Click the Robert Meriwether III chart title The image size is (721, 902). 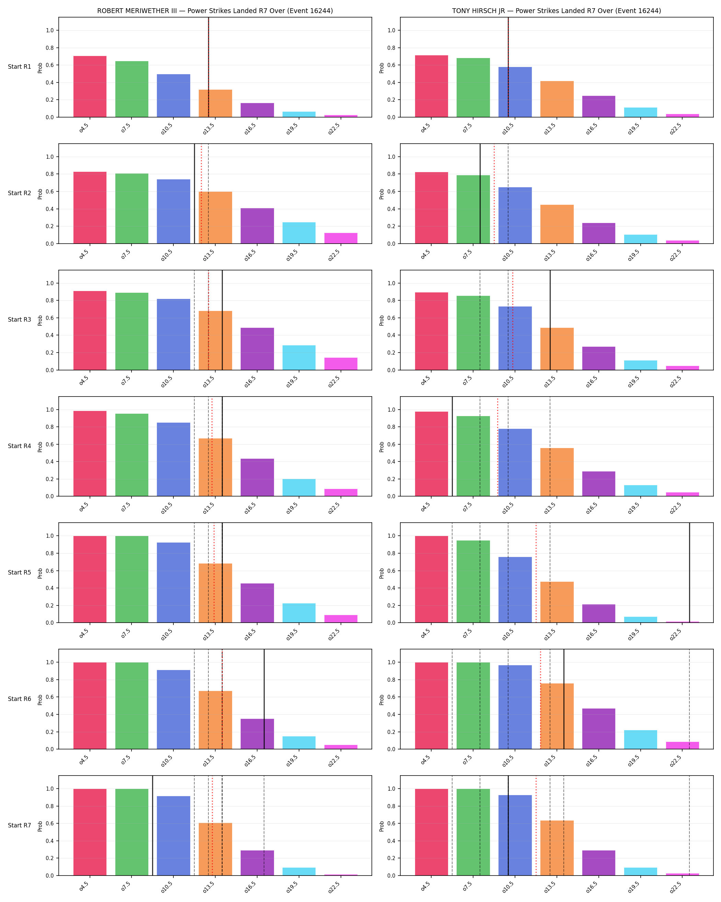(x=215, y=11)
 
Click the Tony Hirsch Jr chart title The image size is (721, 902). (x=556, y=11)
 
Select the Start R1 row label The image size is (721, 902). (x=19, y=67)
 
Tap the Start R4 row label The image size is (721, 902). (x=19, y=446)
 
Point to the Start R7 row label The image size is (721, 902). (x=19, y=825)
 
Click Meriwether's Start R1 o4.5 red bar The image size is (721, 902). (x=90, y=87)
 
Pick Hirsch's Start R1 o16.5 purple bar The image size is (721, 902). (x=598, y=107)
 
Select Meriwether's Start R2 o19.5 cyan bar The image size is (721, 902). (x=299, y=233)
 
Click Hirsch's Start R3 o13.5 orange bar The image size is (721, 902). (x=557, y=349)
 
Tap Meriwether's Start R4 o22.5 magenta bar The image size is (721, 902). (x=341, y=492)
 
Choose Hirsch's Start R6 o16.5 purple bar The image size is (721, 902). (x=598, y=728)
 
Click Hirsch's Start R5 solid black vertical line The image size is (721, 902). (x=689, y=572)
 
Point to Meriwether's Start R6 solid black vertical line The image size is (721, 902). (x=264, y=699)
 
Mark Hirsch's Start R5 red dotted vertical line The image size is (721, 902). (x=536, y=572)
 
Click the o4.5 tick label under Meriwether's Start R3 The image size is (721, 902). (x=83, y=380)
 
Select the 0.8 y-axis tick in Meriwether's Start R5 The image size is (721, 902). (x=50, y=553)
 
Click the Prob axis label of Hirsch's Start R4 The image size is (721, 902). (x=381, y=447)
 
